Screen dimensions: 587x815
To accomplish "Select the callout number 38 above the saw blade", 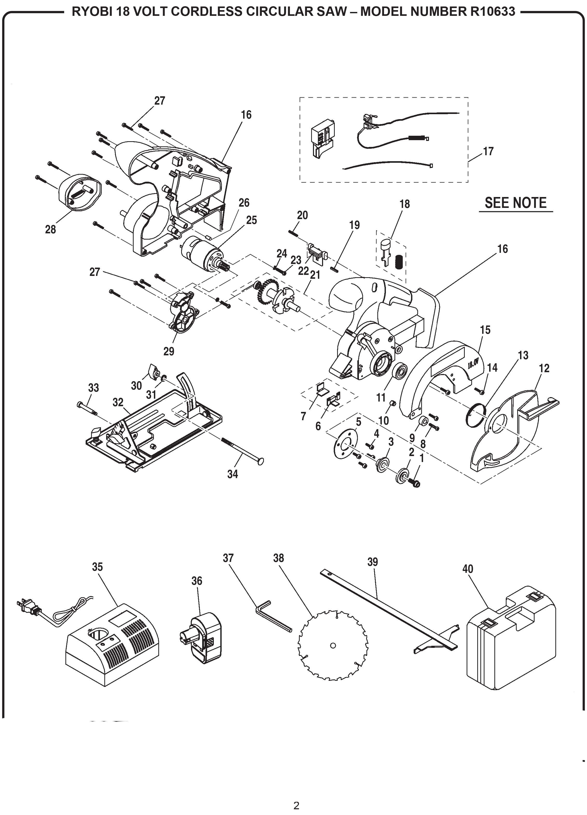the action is (278, 558).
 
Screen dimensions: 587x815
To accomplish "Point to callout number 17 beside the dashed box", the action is (488, 151).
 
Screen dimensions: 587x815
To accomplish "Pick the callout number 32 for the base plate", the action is (118, 403).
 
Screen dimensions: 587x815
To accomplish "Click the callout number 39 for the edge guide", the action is (373, 562).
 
